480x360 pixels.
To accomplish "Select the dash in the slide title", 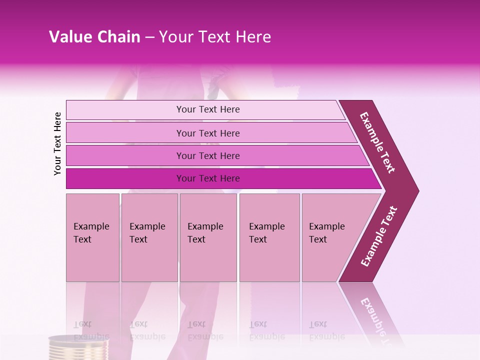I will (x=149, y=37).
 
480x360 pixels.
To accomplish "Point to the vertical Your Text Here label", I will (x=57, y=143).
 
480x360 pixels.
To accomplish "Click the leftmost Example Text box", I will (x=92, y=237).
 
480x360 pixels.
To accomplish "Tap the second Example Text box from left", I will (x=149, y=237).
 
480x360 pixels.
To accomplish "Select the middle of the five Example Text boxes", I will (x=208, y=237).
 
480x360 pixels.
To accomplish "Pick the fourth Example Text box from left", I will (x=269, y=237).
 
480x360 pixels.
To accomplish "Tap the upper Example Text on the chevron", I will (x=377, y=142).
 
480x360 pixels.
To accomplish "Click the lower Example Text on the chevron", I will (x=379, y=236).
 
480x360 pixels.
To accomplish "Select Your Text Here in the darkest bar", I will (x=208, y=178).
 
